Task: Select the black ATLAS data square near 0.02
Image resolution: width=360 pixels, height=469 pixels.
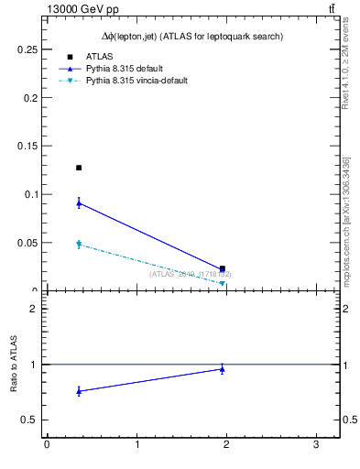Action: [x=223, y=268]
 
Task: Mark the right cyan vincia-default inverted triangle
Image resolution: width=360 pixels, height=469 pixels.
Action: [x=223, y=284]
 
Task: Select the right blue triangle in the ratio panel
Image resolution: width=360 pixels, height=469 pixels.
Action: [x=223, y=369]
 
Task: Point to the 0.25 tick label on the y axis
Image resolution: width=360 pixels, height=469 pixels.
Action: [x=27, y=49]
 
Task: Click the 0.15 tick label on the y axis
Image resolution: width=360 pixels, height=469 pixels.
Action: [x=27, y=146]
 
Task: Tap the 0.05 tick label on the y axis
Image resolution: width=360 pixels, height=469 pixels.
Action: [x=27, y=243]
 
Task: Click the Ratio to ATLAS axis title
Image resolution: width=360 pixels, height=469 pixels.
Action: [x=15, y=365]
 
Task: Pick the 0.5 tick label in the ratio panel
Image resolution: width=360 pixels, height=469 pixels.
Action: [x=29, y=420]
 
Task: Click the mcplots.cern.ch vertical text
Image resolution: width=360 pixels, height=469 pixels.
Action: [x=347, y=220]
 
